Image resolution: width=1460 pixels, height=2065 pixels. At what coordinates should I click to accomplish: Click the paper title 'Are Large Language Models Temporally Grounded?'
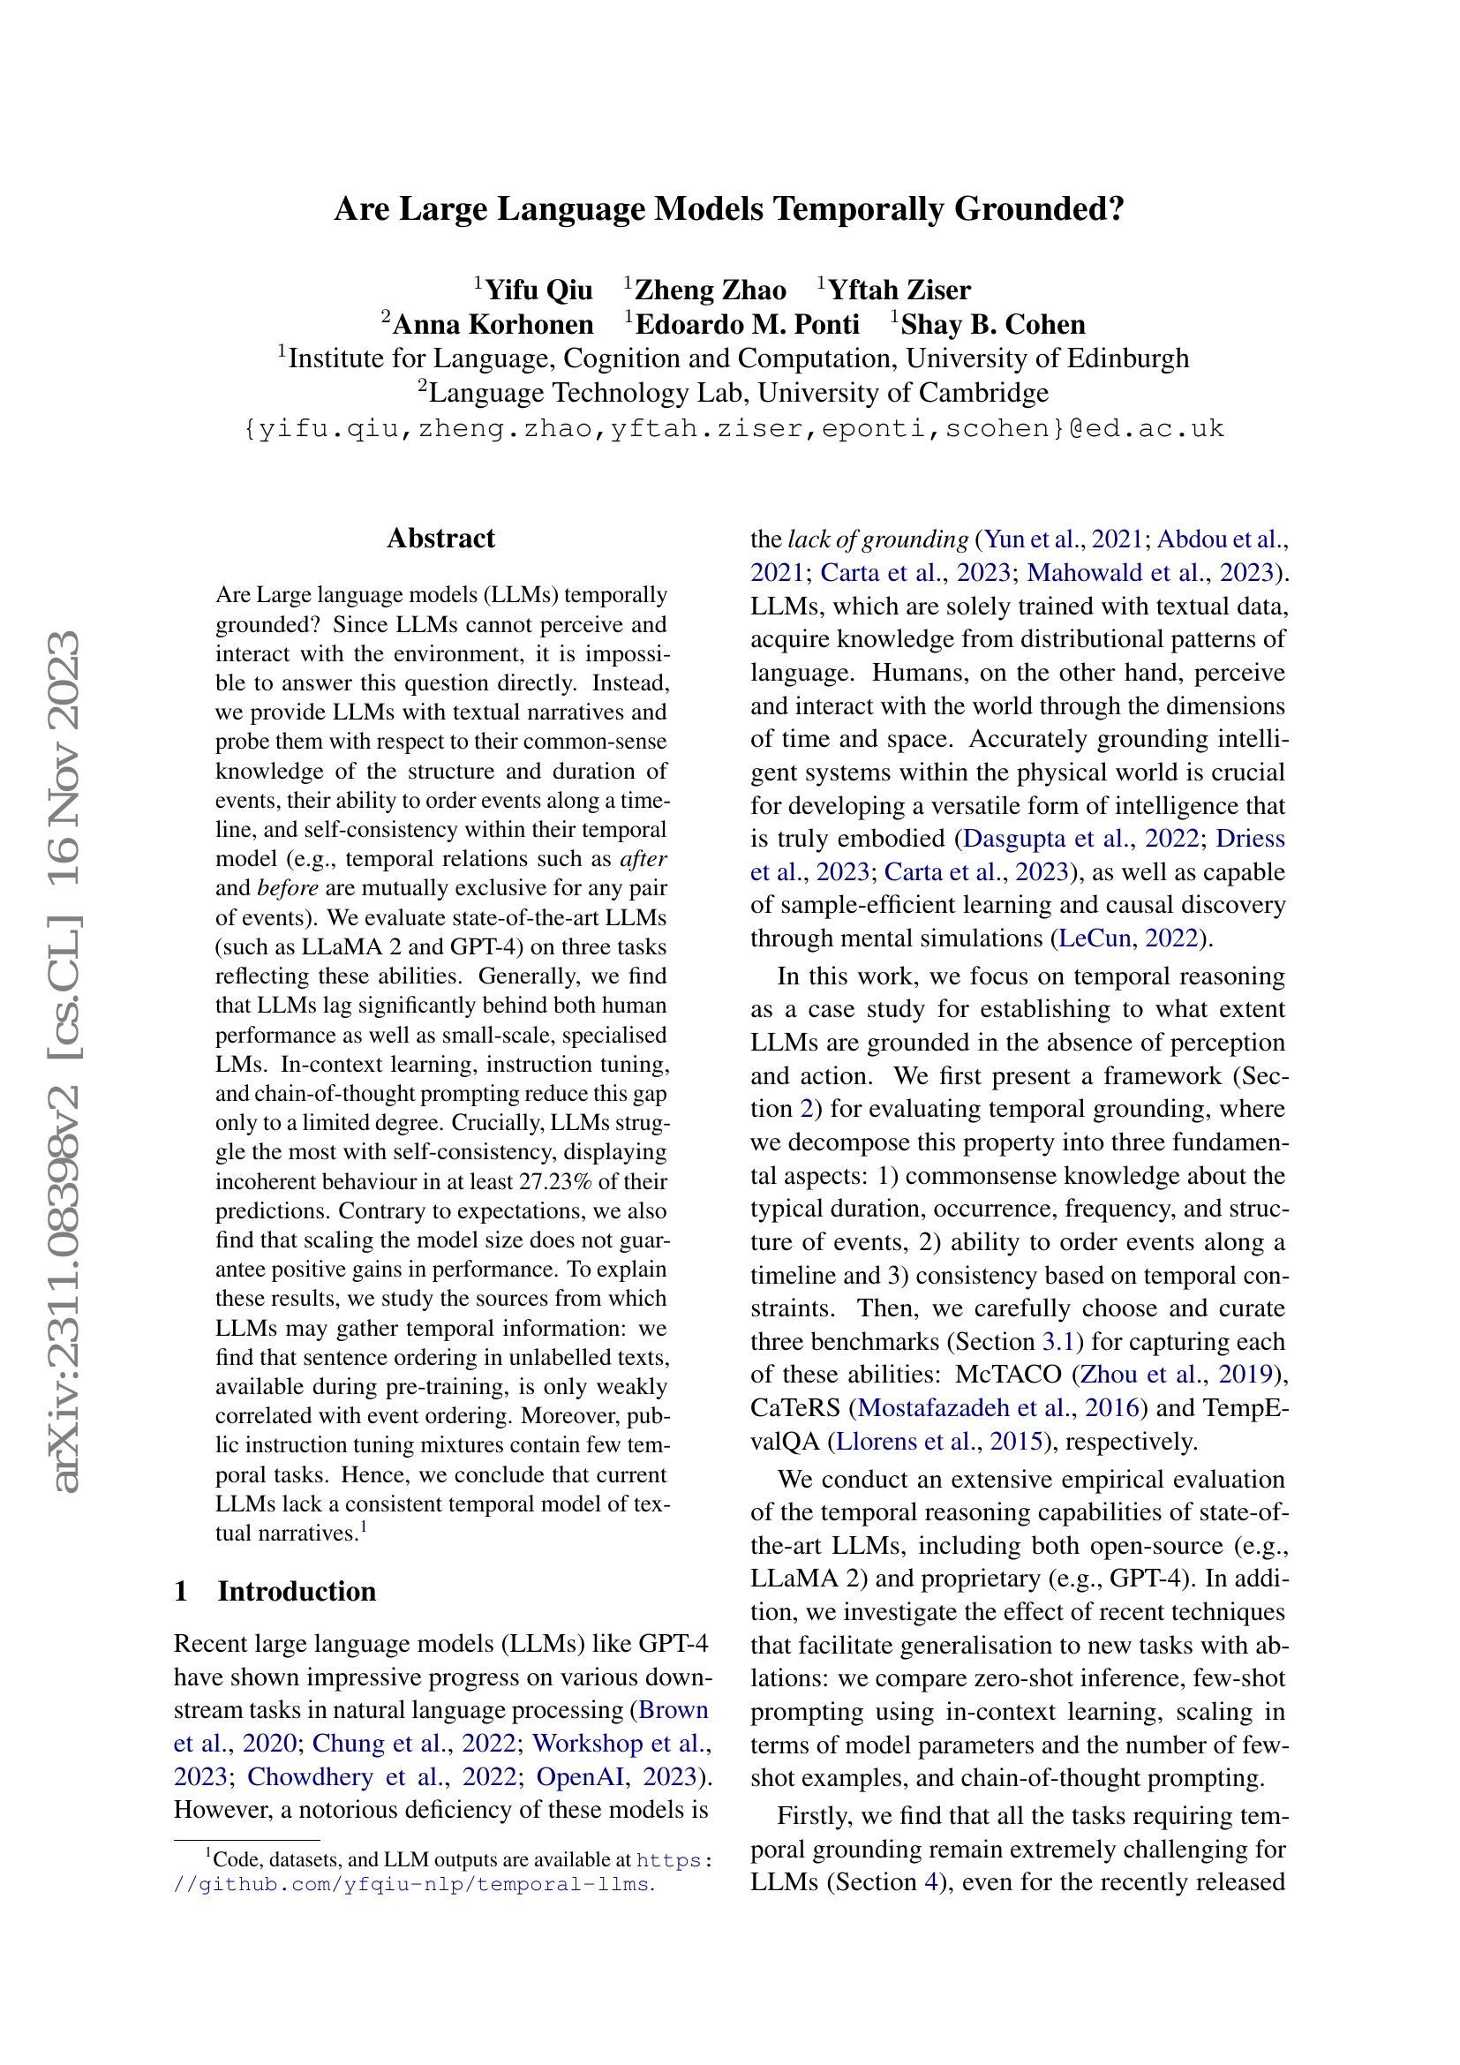pyautogui.click(x=729, y=209)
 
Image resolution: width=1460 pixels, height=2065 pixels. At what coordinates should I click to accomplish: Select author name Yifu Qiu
pyautogui.click(x=538, y=290)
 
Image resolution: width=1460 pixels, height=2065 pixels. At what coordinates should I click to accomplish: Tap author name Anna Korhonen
pyautogui.click(x=493, y=325)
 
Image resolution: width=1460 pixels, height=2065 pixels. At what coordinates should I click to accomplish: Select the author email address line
pyautogui.click(x=734, y=428)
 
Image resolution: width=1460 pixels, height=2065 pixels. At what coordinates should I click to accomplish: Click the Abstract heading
pyautogui.click(x=440, y=539)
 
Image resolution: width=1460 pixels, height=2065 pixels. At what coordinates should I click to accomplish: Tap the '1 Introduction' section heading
pyautogui.click(x=275, y=1591)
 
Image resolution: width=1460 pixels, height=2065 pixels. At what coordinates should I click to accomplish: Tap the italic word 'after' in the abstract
pyautogui.click(x=643, y=859)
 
